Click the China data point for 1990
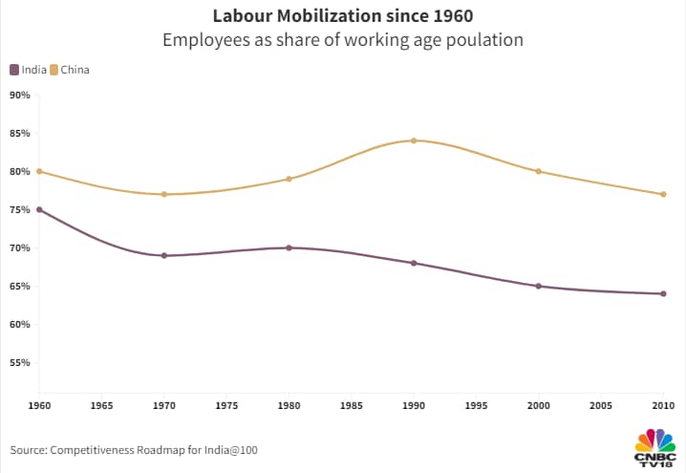(x=414, y=140)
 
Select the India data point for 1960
(x=39, y=209)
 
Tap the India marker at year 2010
(x=663, y=293)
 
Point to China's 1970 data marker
(x=164, y=194)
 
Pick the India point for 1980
(x=289, y=247)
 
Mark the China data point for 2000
(x=539, y=171)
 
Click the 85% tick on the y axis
(x=20, y=133)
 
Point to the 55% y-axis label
(x=20, y=362)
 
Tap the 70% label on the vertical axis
(x=20, y=247)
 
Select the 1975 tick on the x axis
(x=226, y=405)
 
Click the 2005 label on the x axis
(x=601, y=405)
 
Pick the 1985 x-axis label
(x=352, y=405)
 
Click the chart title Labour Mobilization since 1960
(x=343, y=16)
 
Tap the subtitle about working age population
(x=343, y=40)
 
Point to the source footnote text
(x=135, y=449)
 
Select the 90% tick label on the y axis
(x=20, y=95)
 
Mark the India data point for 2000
(x=539, y=286)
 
